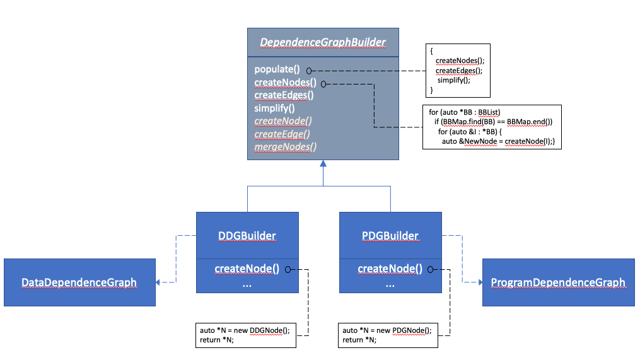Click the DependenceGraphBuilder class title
(322, 43)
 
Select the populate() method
(277, 69)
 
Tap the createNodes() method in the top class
(286, 83)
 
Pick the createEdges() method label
(284, 95)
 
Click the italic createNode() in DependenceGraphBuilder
(283, 121)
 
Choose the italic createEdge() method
(283, 134)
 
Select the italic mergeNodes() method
(285, 147)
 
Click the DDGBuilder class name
(247, 236)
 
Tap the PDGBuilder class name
(390, 236)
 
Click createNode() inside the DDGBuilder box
(247, 269)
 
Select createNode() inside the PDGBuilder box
(390, 269)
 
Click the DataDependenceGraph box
(79, 282)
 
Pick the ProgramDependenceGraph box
(558, 282)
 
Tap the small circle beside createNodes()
(323, 83)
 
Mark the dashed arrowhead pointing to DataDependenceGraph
(159, 282)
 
